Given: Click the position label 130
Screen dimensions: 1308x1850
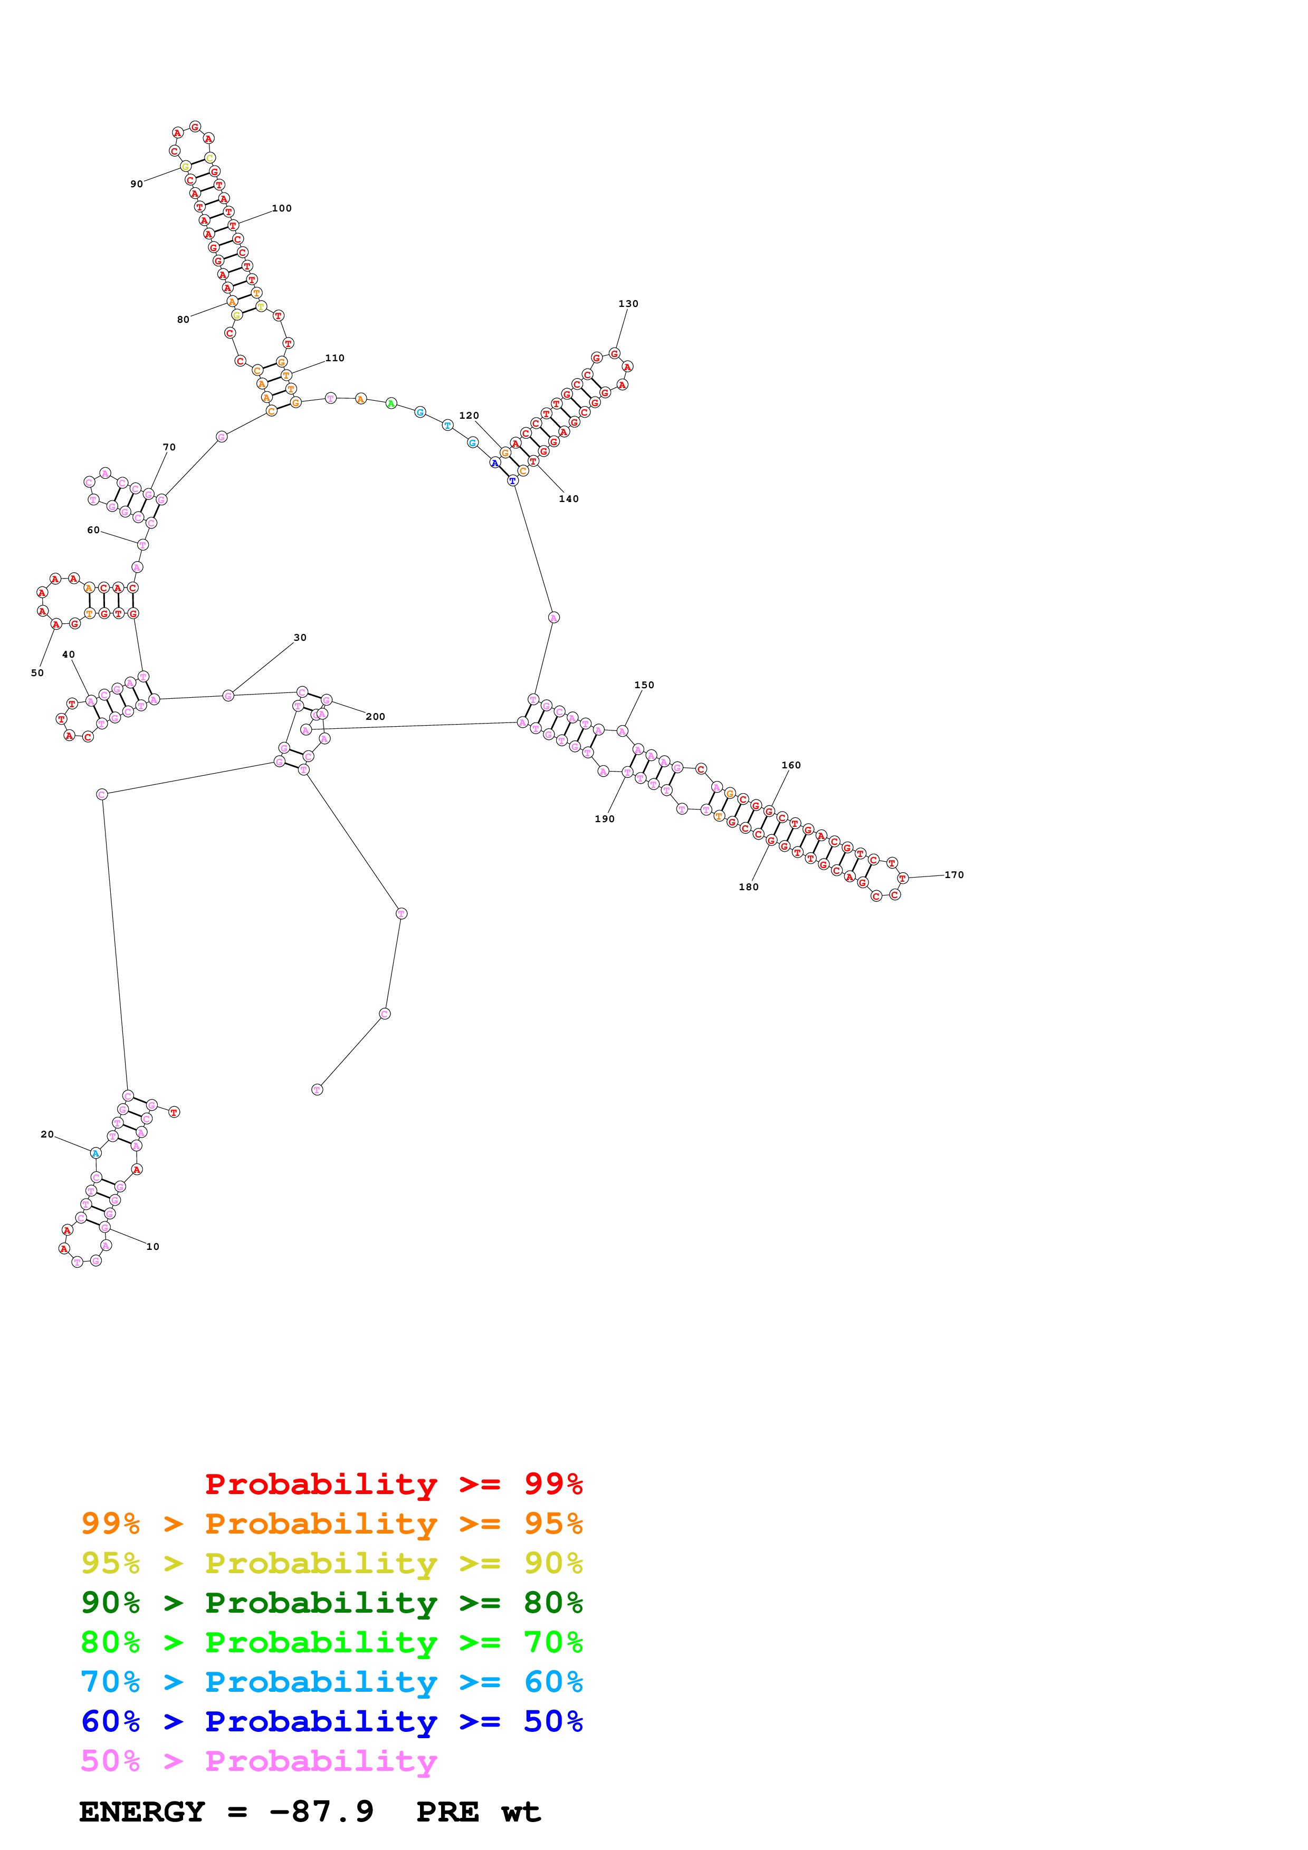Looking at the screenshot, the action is pyautogui.click(x=628, y=304).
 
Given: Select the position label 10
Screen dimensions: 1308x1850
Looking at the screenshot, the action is pyautogui.click(x=152, y=1247).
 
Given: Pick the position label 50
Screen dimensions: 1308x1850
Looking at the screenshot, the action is pyautogui.click(x=37, y=673).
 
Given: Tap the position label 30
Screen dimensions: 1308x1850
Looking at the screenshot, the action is pyautogui.click(x=300, y=638).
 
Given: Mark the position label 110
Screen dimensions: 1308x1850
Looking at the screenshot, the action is pyautogui.click(x=335, y=358).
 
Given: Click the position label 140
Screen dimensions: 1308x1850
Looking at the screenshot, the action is pyautogui.click(x=568, y=499).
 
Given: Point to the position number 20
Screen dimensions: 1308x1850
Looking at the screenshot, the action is pyautogui.click(x=47, y=1134).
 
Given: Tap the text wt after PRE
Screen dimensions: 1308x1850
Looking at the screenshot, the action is pyautogui.click(x=521, y=1812).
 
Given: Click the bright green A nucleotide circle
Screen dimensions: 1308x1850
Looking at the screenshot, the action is pyautogui.click(x=391, y=403).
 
